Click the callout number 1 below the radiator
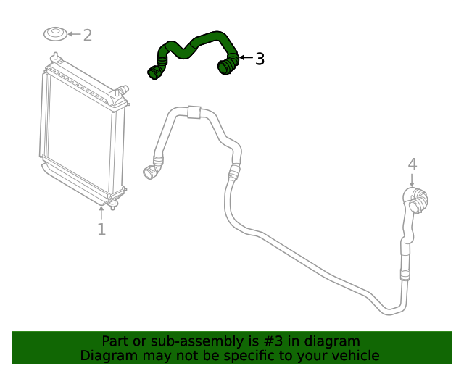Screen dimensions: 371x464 101,230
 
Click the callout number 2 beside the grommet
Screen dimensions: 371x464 87,35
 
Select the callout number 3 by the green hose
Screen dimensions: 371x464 260,59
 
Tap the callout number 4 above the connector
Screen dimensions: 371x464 412,164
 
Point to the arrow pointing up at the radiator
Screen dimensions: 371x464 101,212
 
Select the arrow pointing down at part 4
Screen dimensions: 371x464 412,180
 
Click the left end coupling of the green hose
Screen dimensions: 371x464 154,71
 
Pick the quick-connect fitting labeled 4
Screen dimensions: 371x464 416,201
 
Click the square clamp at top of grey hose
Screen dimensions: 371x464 193,112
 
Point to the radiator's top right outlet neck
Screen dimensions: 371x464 122,90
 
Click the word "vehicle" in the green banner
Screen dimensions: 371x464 354,355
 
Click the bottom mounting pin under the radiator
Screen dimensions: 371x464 112,206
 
